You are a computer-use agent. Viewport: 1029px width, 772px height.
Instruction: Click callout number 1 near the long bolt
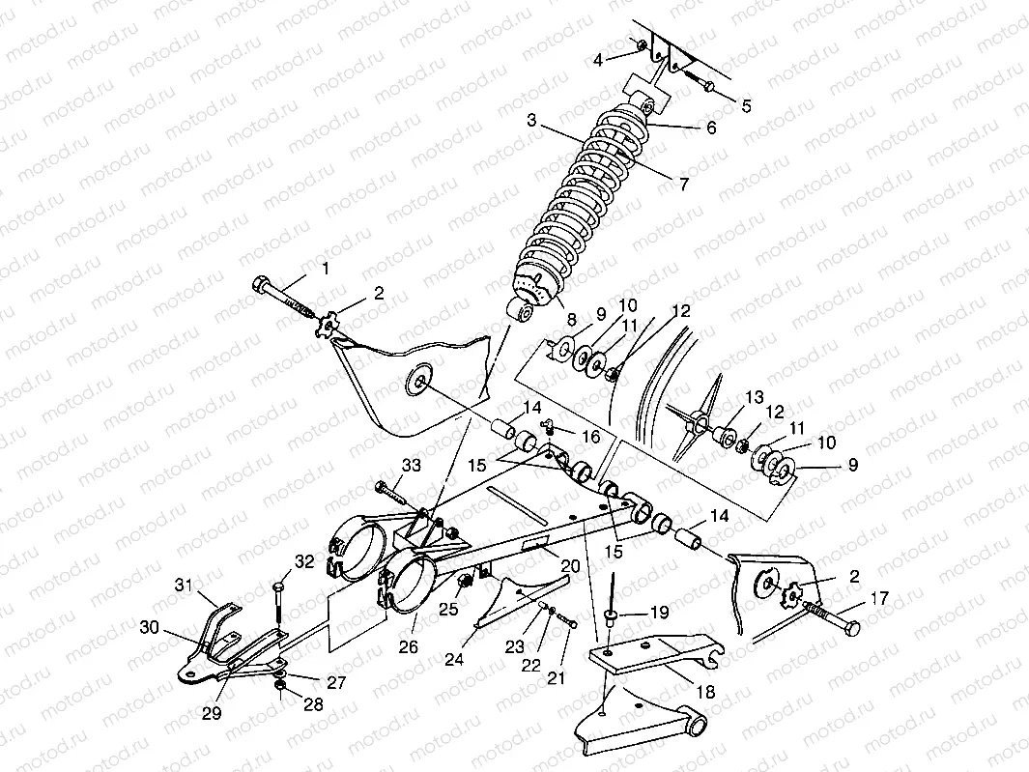pos(325,268)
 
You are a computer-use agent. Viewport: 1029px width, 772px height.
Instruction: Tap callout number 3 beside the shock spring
pos(530,121)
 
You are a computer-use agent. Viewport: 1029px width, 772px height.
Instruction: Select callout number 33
pos(412,466)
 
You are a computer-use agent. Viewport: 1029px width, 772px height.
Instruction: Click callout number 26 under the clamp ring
pos(409,646)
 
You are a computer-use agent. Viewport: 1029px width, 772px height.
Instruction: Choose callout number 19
pos(658,613)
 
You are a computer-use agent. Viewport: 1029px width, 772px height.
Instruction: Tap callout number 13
pos(754,397)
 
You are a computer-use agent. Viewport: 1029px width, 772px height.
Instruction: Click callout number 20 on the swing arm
pos(569,565)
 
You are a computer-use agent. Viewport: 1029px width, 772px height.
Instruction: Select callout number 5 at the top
pos(744,106)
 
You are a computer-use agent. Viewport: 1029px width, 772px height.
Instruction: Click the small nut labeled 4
pos(641,44)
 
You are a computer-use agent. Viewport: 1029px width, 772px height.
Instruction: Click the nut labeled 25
pos(463,580)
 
